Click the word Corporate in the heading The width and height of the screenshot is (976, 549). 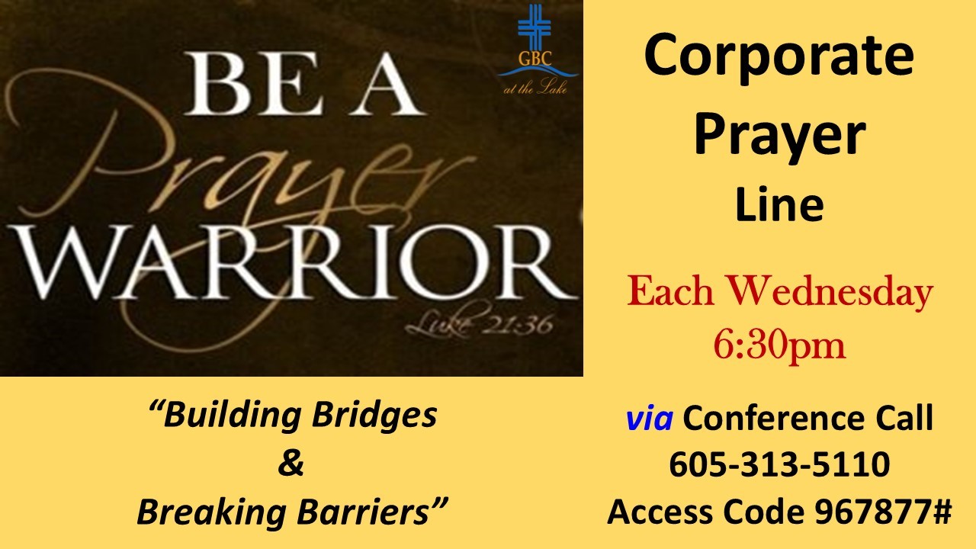(x=779, y=58)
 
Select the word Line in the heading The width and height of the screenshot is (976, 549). (x=779, y=205)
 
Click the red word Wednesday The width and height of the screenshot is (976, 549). (x=830, y=292)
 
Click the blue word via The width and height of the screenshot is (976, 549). (x=649, y=418)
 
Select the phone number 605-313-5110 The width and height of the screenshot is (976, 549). (x=779, y=464)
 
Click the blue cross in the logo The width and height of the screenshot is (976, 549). (x=535, y=26)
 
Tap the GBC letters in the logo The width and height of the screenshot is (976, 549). (x=535, y=58)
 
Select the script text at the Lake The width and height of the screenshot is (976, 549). (x=535, y=88)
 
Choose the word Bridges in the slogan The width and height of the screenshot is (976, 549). (x=374, y=416)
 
